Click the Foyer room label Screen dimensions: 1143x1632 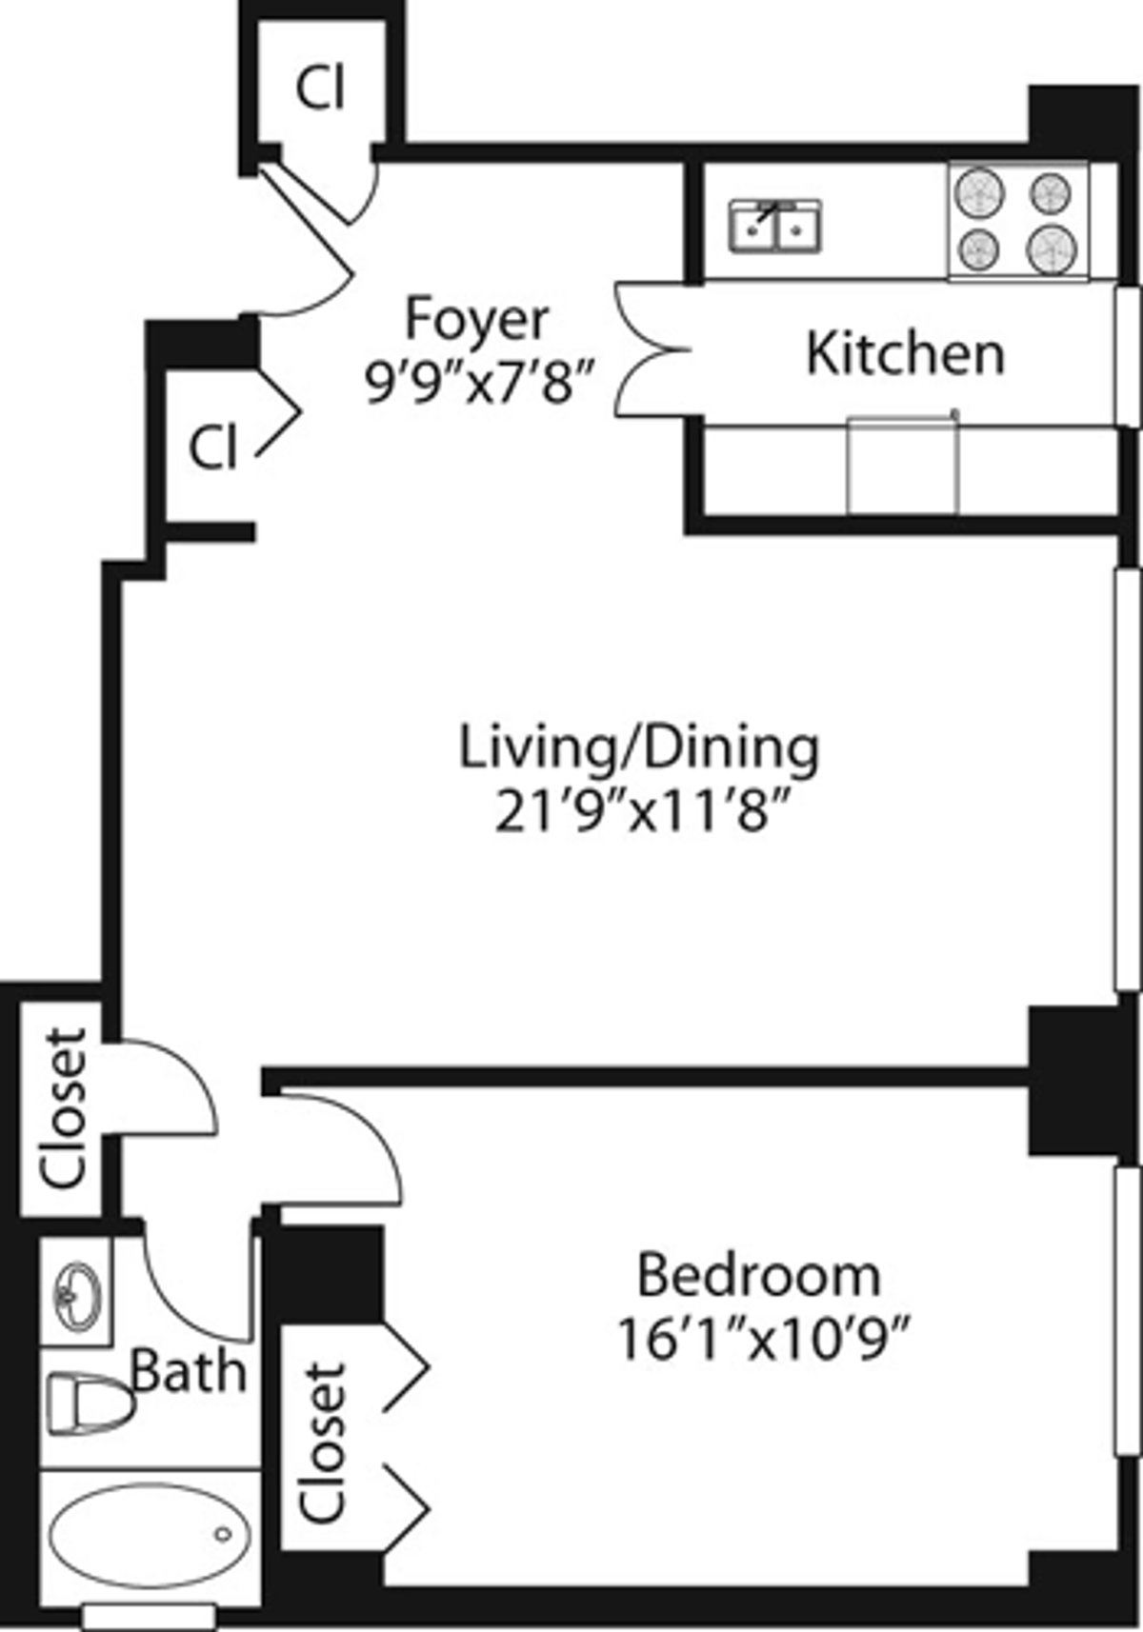[x=477, y=319]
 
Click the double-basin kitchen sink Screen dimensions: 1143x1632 [x=775, y=227]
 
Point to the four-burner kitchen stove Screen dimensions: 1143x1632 [x=1018, y=221]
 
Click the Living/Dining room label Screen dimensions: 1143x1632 [x=639, y=747]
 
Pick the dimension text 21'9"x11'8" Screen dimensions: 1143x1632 [x=643, y=811]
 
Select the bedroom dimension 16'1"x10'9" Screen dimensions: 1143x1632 [x=764, y=1340]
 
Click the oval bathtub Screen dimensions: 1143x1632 [x=150, y=1533]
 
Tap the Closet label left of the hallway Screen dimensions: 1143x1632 [x=64, y=1107]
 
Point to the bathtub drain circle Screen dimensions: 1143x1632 [x=223, y=1534]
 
